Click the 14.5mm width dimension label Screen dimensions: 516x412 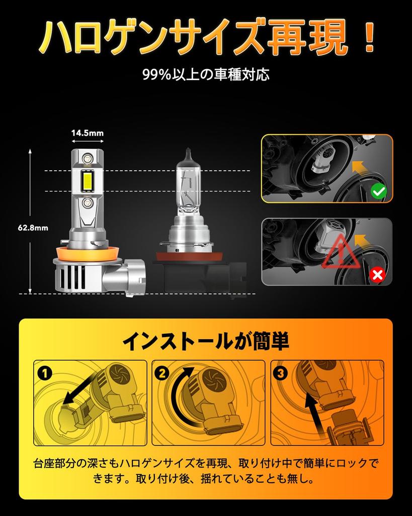87,134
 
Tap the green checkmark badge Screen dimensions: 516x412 378,191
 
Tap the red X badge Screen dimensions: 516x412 377,275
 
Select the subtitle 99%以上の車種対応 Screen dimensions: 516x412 206,75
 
